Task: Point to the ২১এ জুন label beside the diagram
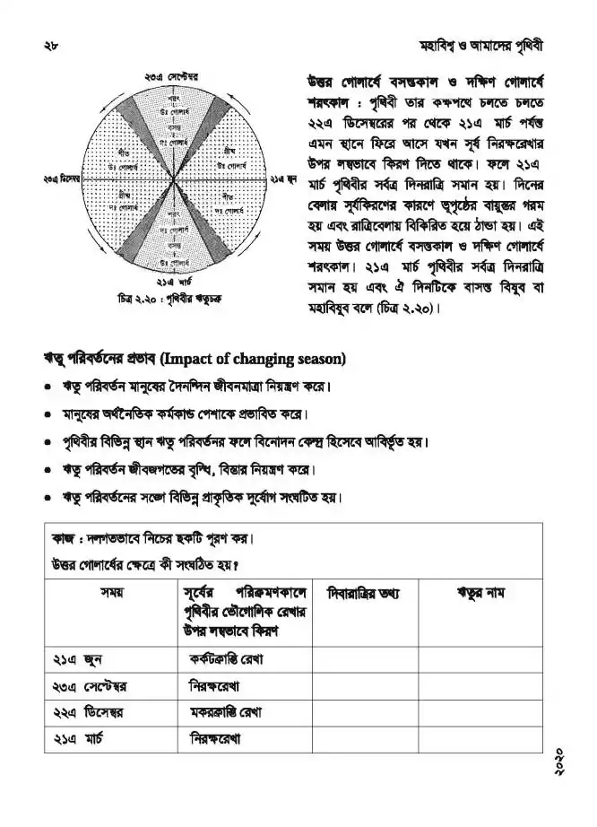pyautogui.click(x=285, y=180)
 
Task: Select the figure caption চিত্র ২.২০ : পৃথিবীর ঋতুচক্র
pyautogui.click(x=169, y=299)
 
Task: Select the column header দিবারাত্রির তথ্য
pyautogui.click(x=364, y=593)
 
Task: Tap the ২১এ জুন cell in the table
pyautogui.click(x=72, y=660)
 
